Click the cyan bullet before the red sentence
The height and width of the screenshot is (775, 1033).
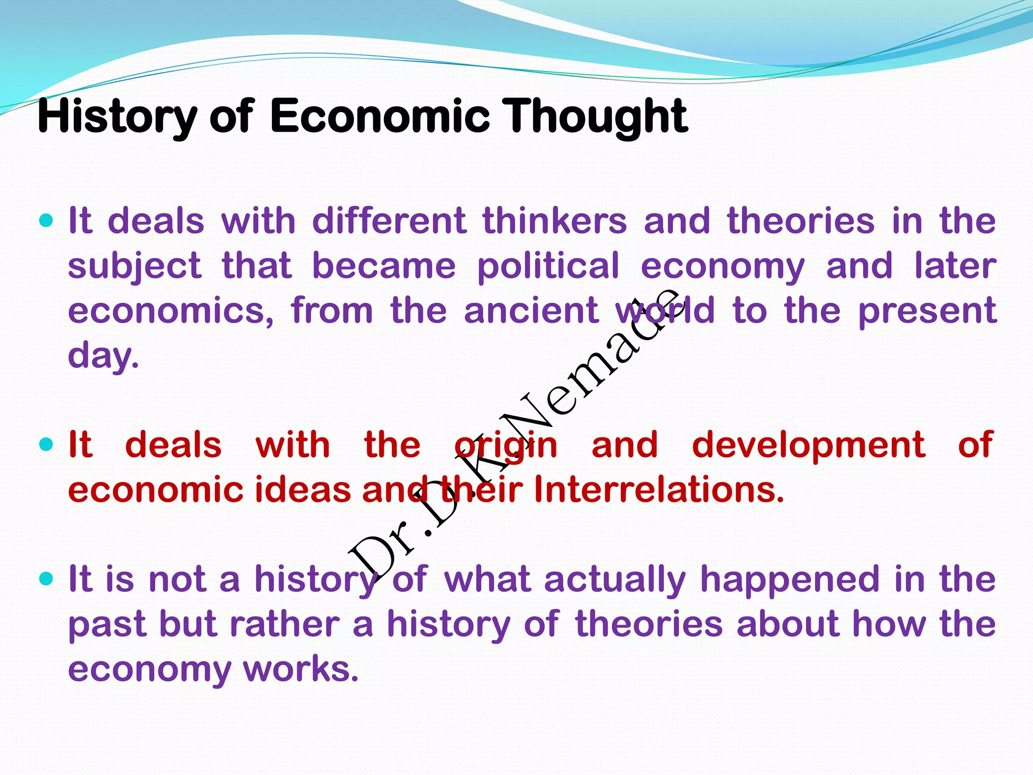(x=46, y=445)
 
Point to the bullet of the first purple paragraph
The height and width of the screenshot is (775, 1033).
(x=46, y=220)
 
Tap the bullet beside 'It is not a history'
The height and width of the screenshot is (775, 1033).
(x=46, y=578)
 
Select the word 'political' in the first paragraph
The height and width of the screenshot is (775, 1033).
(x=548, y=266)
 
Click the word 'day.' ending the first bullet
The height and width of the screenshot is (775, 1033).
(x=103, y=356)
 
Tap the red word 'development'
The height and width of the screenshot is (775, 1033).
(x=808, y=445)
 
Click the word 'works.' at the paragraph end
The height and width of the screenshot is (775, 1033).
(x=301, y=669)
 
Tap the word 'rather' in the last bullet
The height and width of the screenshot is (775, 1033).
(x=284, y=624)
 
